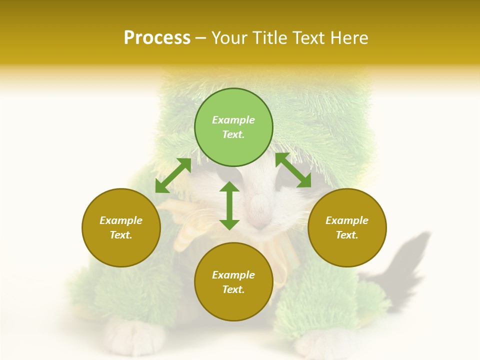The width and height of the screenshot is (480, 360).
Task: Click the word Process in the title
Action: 157,38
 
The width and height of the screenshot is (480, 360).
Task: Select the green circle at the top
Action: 233,127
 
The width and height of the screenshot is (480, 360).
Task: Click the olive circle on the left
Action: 121,227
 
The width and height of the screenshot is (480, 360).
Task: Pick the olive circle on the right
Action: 347,227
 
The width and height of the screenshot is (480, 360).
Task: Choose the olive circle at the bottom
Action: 233,282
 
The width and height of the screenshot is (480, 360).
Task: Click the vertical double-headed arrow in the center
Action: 229,205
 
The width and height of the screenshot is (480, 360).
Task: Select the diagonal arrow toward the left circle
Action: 173,175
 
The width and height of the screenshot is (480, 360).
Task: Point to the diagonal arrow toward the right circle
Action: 293,170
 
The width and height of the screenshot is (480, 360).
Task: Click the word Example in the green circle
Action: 233,120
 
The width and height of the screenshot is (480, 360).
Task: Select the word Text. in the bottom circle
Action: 233,289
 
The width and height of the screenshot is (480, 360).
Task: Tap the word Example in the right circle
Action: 347,220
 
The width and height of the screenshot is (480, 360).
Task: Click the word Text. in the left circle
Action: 121,235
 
